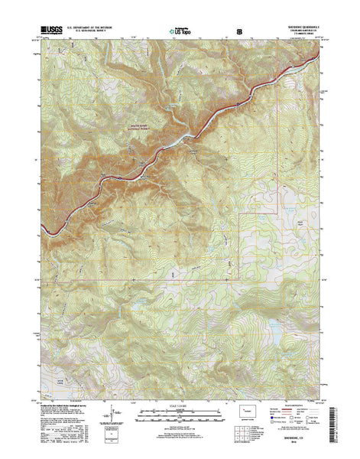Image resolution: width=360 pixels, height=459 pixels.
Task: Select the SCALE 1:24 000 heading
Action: [x=179, y=408]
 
